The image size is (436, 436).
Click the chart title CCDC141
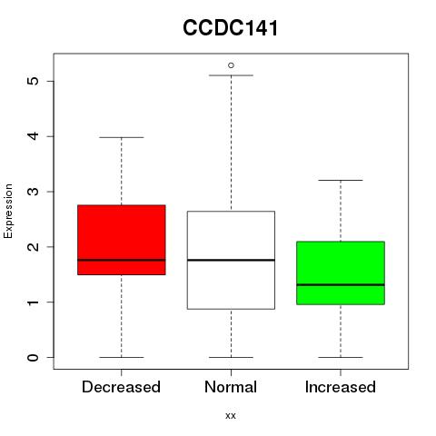tap(231, 28)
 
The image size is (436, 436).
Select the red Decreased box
tap(122, 240)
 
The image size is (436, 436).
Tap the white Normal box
tap(231, 260)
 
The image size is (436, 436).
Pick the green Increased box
tap(341, 272)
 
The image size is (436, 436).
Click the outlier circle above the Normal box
tap(231, 65)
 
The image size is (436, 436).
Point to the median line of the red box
tap(122, 260)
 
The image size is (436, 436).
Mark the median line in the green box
tap(341, 284)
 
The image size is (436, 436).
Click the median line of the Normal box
tap(231, 260)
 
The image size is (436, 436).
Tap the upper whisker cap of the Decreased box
tap(122, 137)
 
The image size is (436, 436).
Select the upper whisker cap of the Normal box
tap(231, 75)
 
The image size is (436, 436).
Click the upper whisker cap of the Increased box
tap(341, 180)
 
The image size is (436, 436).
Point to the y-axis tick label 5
tap(33, 81)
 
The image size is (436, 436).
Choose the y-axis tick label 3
tap(33, 192)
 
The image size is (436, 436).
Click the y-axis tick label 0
tap(33, 357)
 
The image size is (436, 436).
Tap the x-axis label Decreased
tap(121, 387)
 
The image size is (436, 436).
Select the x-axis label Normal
tap(231, 387)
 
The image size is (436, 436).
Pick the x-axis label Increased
tap(341, 387)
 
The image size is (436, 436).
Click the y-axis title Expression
tap(8, 211)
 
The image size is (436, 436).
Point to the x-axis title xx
tap(231, 416)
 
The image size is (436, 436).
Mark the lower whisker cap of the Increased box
tap(341, 357)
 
